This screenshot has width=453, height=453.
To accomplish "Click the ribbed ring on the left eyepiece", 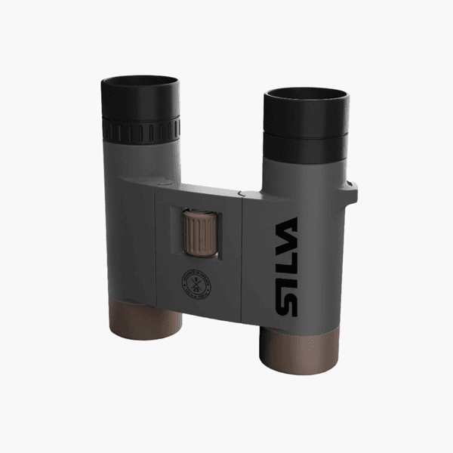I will [x=142, y=130].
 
